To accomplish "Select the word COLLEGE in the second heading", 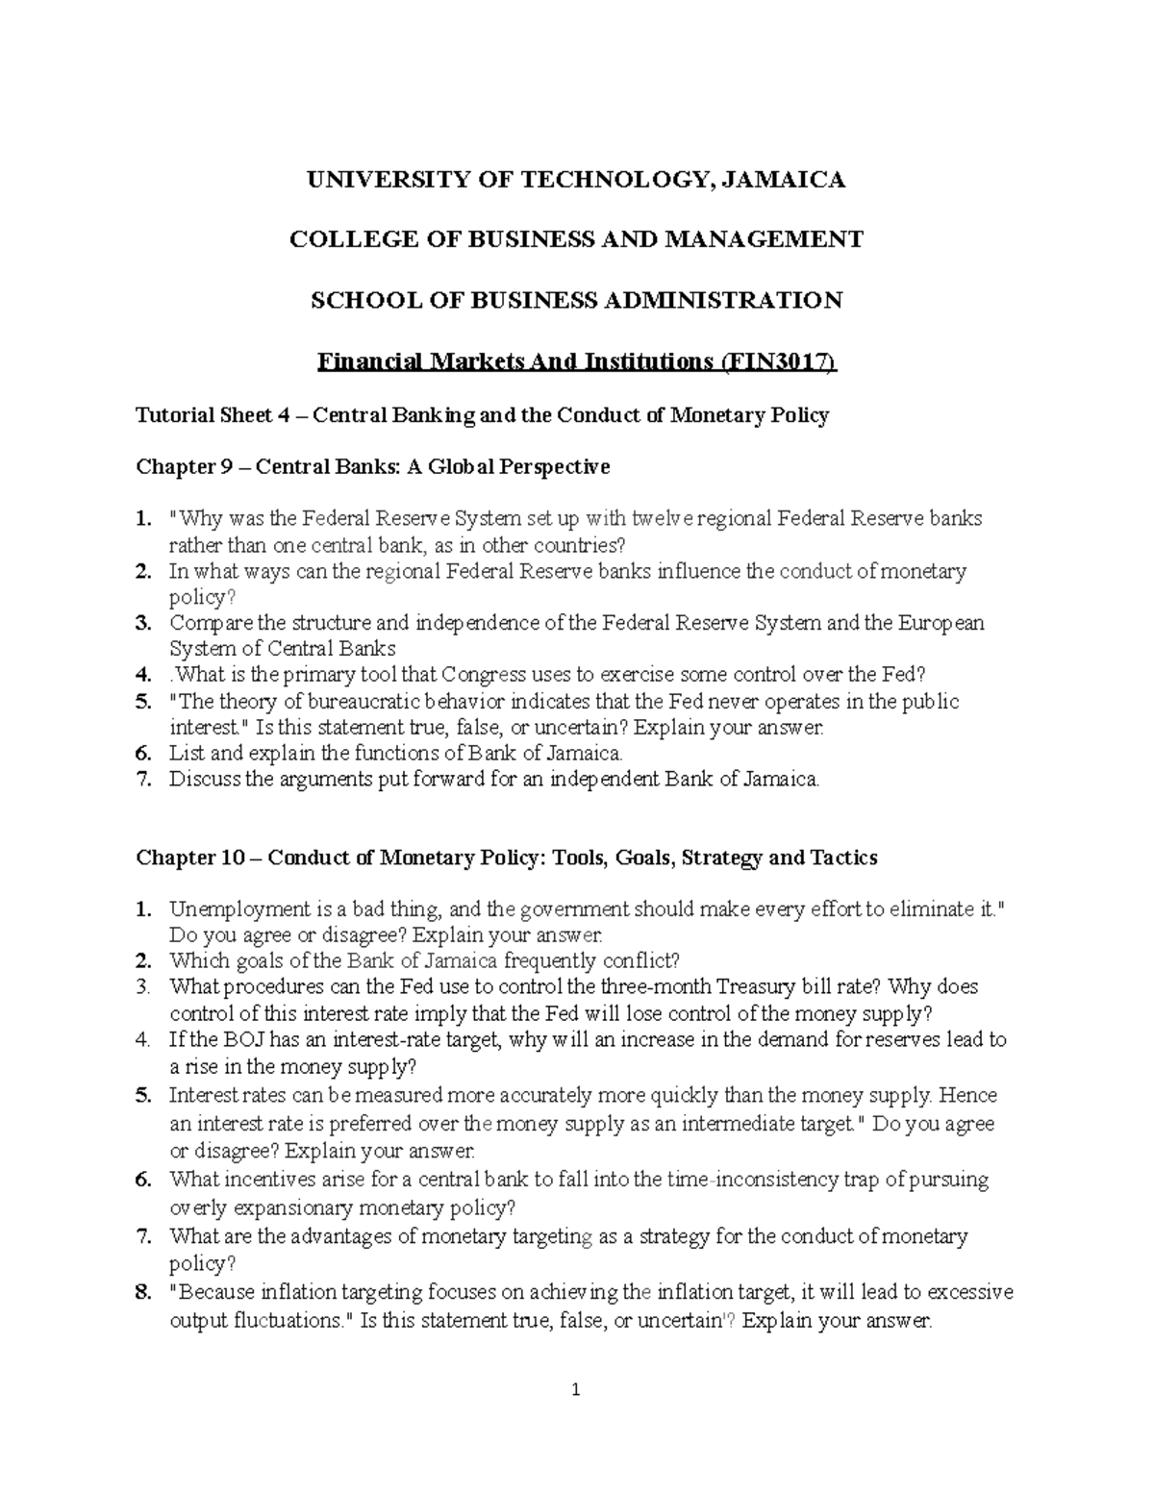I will pos(341,239).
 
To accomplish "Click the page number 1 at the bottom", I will pos(576,1389).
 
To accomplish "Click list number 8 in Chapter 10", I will pos(144,1292).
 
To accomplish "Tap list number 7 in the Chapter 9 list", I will pos(144,780).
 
